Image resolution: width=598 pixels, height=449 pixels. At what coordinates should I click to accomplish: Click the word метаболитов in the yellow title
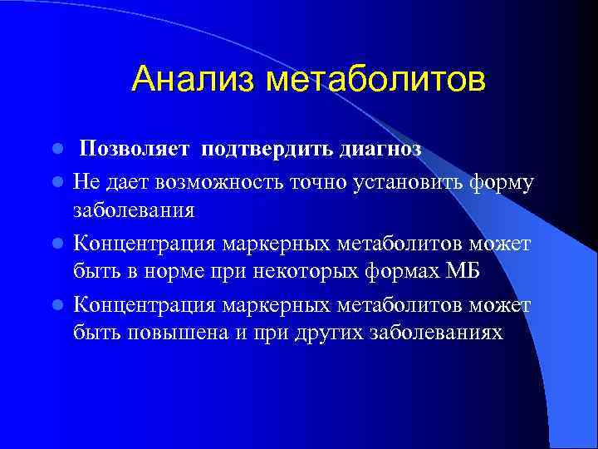pos(375,80)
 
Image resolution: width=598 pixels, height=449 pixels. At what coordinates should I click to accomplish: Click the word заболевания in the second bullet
pos(134,210)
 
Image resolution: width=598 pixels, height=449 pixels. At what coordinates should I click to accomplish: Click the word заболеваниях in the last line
pos(438,333)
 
